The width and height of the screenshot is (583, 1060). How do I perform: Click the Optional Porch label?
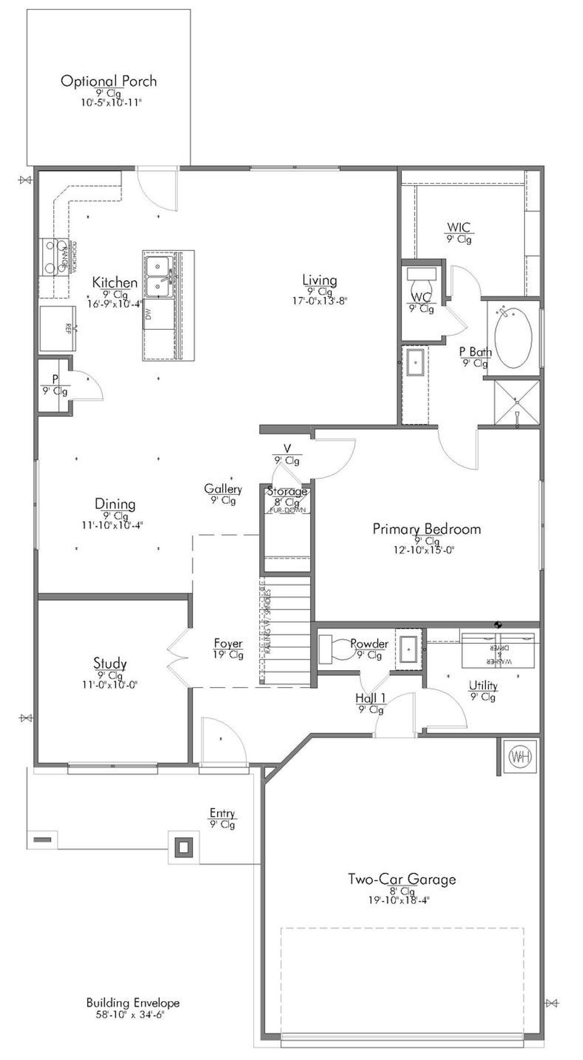pos(108,81)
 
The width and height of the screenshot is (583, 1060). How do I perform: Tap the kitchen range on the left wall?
pos(55,257)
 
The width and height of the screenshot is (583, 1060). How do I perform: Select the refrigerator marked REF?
pos(58,328)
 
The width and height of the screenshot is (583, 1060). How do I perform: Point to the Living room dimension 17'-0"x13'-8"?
pos(320,301)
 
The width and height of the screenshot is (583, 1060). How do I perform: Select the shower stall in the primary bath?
pos(517,402)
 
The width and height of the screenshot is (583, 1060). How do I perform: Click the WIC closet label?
pos(459,227)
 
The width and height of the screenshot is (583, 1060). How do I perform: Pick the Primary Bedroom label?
pos(427,529)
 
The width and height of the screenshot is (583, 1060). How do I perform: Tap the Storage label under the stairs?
pos(287,491)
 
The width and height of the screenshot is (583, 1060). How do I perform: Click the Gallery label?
pos(223,489)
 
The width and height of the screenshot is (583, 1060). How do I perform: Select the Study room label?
pos(110,663)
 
